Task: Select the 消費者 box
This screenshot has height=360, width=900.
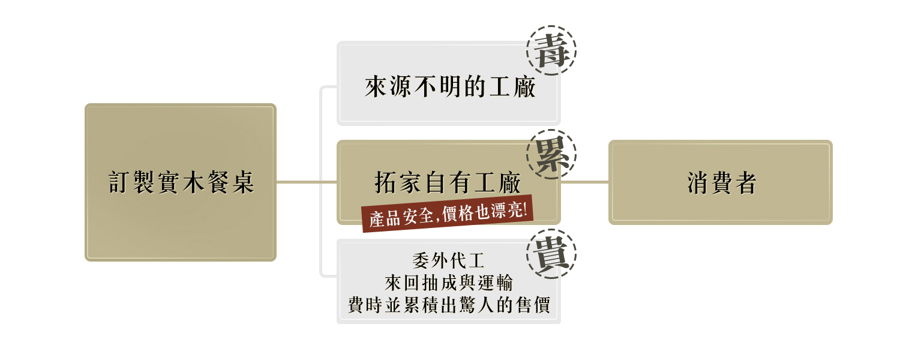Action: tap(720, 182)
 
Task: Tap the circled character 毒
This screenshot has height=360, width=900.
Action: tap(551, 50)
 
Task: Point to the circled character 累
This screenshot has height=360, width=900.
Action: tap(551, 154)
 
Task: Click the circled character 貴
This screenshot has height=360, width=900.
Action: tap(551, 254)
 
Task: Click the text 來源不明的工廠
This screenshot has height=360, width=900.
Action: tap(449, 88)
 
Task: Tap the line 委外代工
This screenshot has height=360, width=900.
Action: tap(448, 261)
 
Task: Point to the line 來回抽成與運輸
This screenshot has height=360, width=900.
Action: tap(448, 283)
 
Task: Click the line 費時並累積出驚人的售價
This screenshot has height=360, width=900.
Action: tap(448, 305)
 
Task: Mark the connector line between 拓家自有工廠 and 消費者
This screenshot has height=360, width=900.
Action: tap(584, 182)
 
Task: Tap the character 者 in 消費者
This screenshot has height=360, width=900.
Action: tap(745, 183)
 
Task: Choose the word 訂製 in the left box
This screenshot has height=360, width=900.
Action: tap(131, 182)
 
